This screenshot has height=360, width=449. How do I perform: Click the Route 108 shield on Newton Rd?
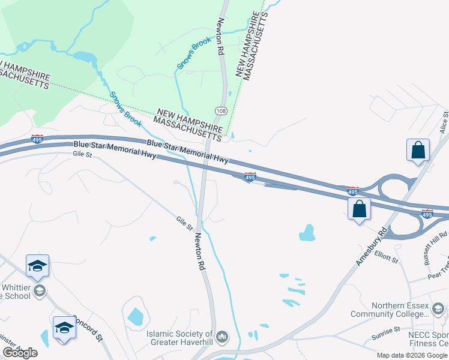click(221, 111)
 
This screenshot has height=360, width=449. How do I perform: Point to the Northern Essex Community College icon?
click(438, 308)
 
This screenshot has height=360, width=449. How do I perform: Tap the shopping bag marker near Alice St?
click(418, 151)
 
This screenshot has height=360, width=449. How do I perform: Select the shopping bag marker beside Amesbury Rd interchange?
click(359, 209)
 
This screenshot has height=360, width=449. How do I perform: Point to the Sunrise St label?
click(387, 331)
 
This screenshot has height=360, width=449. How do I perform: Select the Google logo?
click(20, 353)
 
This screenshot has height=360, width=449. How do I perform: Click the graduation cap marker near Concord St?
click(64, 328)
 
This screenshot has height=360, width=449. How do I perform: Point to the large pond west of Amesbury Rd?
click(307, 232)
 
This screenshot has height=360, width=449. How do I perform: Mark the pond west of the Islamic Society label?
click(135, 316)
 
